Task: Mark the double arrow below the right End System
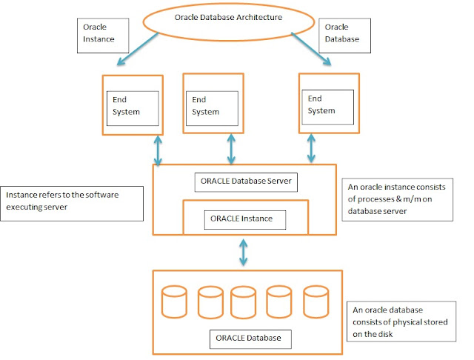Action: [x=311, y=150]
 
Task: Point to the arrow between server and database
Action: [x=244, y=252]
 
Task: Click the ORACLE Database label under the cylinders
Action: [x=248, y=339]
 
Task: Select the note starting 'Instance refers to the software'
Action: [x=72, y=201]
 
